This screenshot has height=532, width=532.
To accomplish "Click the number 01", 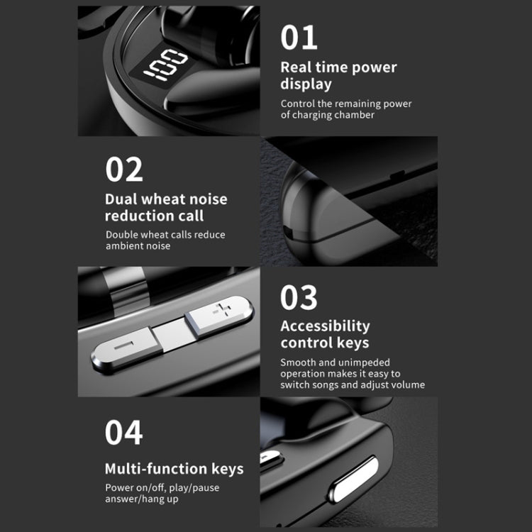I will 299,37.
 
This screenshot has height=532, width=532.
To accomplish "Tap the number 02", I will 124,170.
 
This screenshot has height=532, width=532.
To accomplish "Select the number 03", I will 299,298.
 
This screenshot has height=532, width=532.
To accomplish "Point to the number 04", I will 124,432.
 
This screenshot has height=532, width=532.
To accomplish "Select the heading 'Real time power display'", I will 338,76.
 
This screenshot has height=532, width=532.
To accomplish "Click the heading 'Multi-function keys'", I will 174,469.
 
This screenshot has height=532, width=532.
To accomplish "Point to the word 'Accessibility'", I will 325,326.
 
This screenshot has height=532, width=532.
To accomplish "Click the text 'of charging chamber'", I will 327,115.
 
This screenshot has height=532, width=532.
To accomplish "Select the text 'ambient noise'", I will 138,246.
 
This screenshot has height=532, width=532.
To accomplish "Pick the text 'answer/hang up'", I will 142,499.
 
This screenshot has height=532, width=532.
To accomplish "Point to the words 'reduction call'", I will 155,216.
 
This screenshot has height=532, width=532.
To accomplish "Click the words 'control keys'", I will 325,343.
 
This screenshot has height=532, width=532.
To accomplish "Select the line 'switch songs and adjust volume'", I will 353,385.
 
